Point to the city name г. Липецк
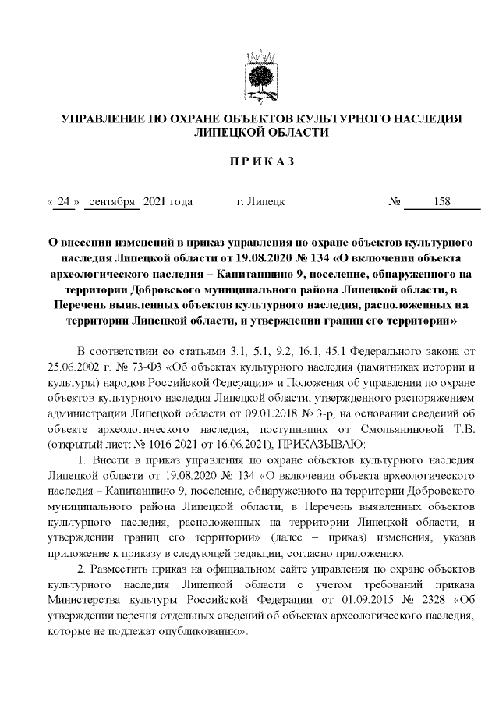(x=260, y=202)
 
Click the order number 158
(x=442, y=202)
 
